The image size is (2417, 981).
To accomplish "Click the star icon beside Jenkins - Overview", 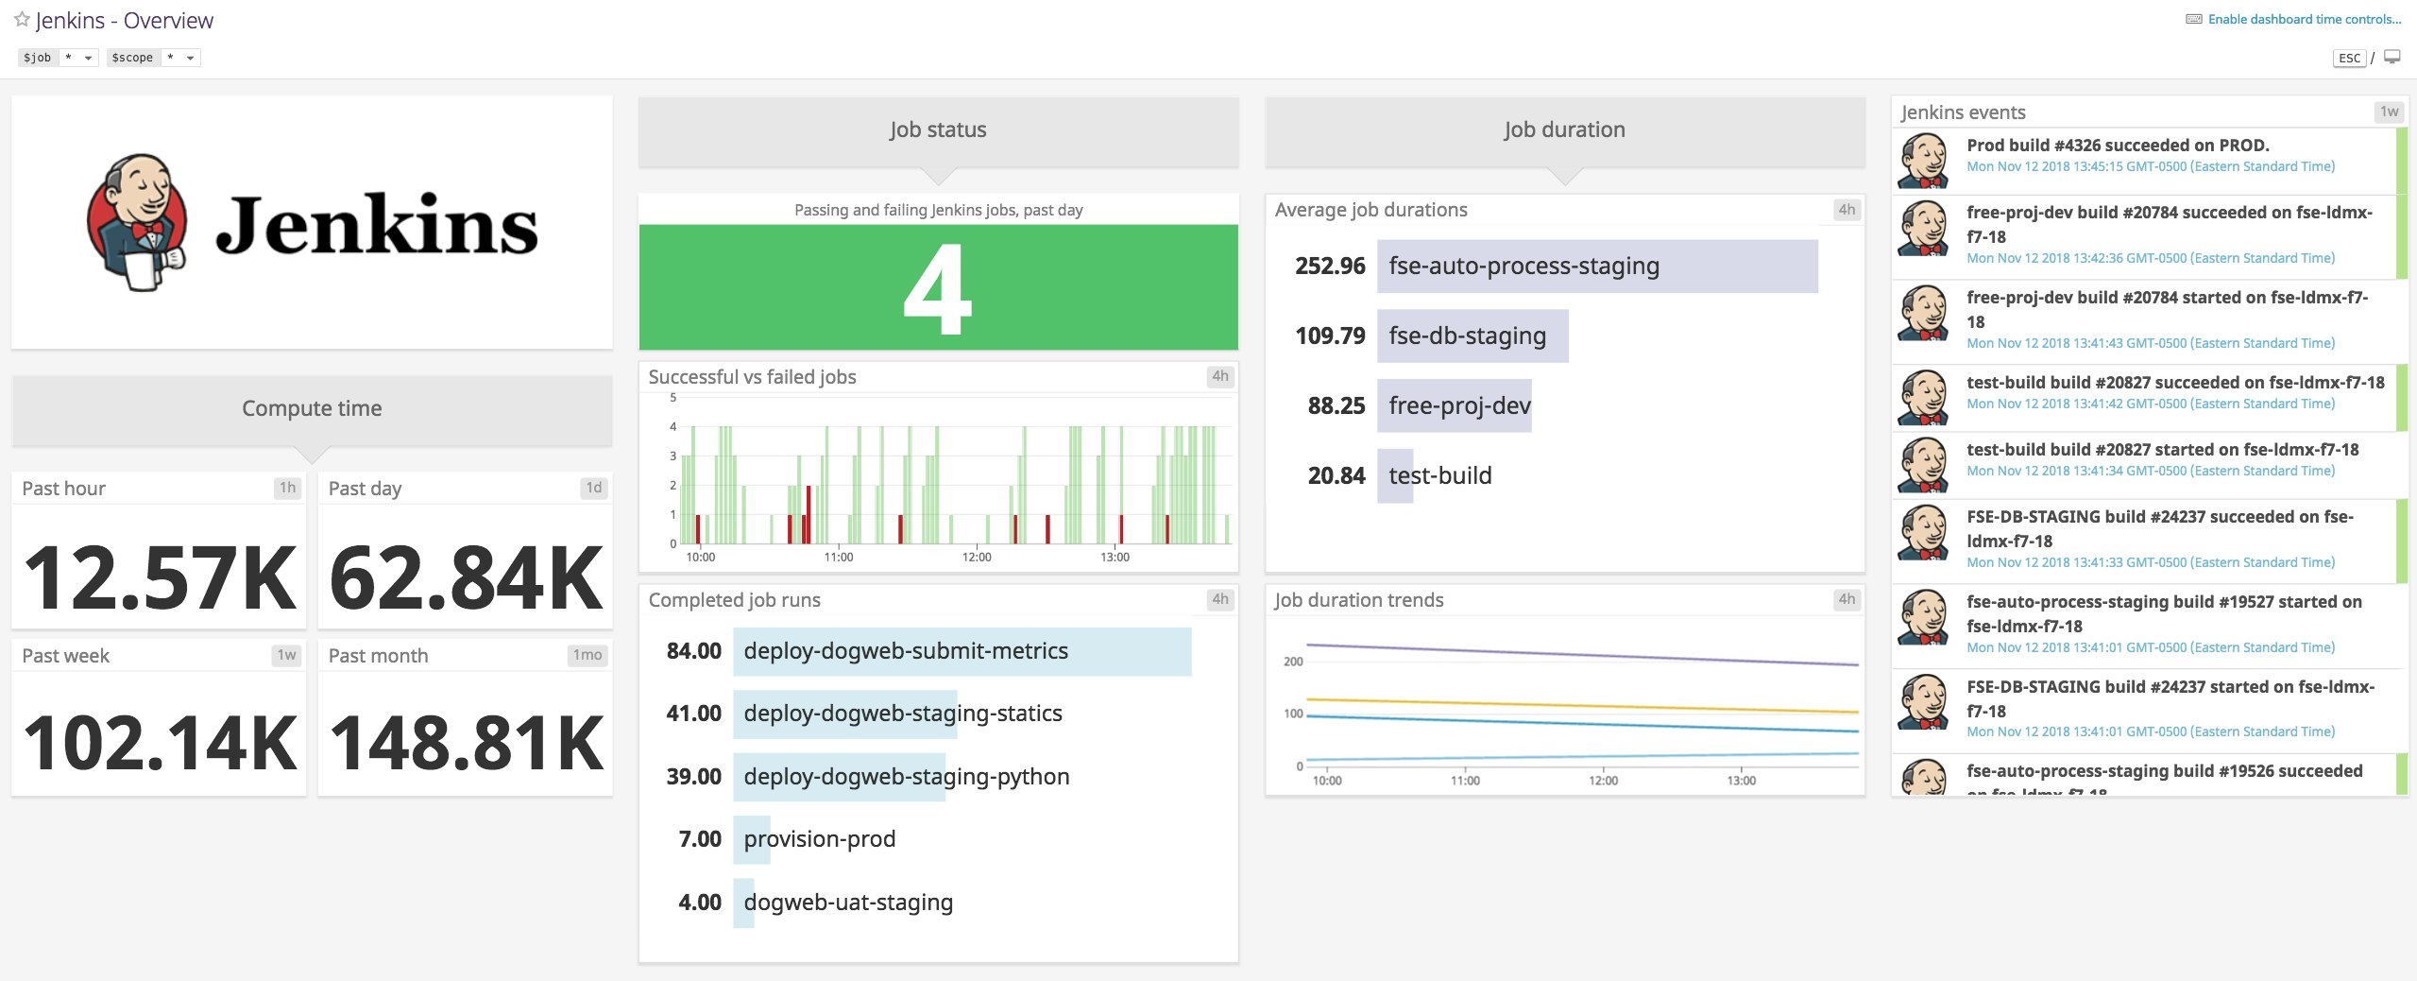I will click(22, 19).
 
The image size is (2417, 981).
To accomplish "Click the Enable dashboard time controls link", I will click(2304, 19).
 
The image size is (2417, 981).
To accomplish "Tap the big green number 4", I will click(937, 289).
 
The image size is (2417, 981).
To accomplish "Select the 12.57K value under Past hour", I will click(159, 577).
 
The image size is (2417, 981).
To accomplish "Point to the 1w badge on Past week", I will click(286, 655).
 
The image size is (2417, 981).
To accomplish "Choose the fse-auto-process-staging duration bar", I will click(1596, 267).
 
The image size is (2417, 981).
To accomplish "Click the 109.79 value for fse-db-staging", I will click(1330, 336).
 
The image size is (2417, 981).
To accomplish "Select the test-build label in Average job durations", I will click(1439, 475).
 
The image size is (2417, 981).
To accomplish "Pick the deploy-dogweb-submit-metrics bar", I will click(962, 651).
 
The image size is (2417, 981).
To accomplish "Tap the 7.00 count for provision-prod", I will click(699, 839).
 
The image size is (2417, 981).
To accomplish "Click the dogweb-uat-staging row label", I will click(847, 903).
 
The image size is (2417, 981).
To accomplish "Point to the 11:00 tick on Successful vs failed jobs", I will click(838, 557).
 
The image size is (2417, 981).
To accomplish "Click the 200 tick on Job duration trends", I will click(1292, 662).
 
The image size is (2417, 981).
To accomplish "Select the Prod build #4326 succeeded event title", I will click(2117, 146).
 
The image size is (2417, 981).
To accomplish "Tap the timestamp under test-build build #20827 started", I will click(2150, 471).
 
